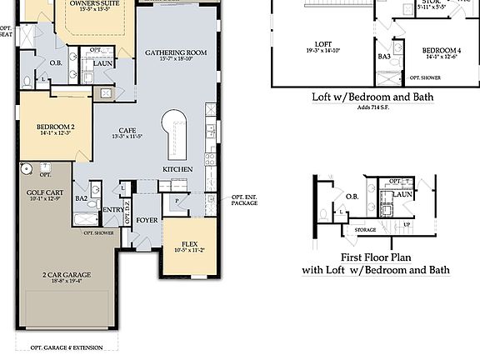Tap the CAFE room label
(x=127, y=131)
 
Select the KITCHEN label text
(x=177, y=169)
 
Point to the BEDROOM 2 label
(x=55, y=127)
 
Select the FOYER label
(x=147, y=221)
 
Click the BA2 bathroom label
(x=81, y=198)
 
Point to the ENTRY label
(x=112, y=211)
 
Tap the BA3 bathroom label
(x=384, y=57)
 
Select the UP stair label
(x=406, y=225)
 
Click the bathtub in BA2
(x=86, y=220)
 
